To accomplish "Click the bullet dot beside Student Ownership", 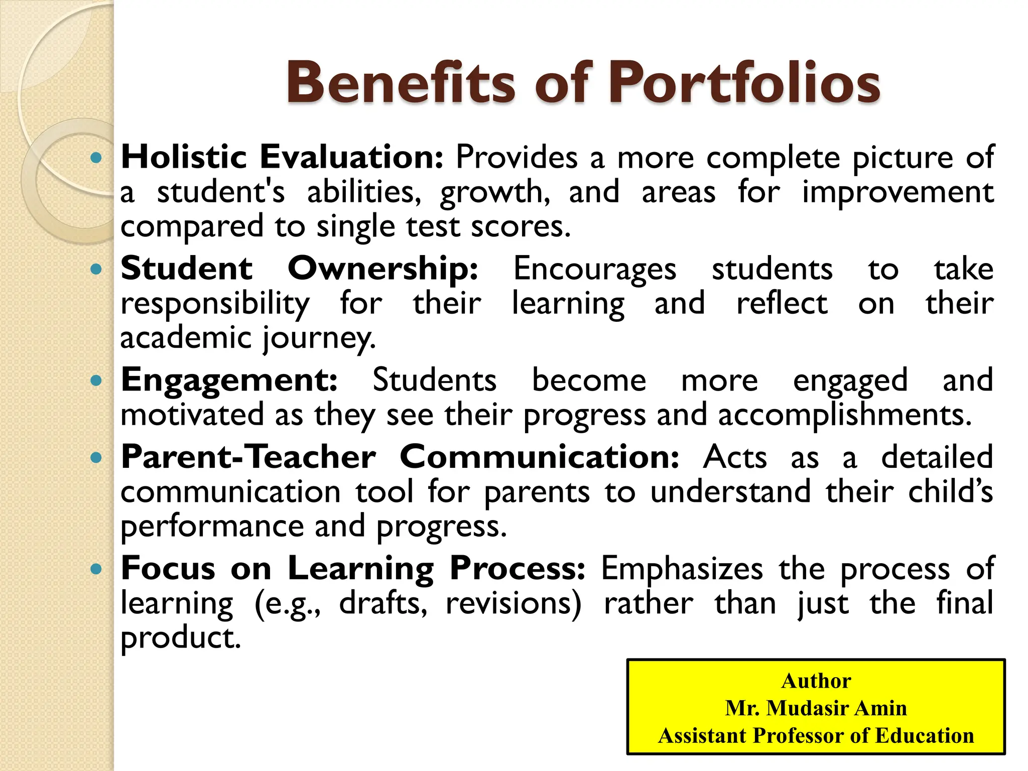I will point(95,270).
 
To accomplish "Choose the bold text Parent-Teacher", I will point(248,457).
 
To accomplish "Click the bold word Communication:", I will point(540,457).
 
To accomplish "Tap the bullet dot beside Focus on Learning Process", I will point(95,569).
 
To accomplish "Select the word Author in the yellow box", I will point(816,681).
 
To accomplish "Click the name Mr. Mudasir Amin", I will point(816,708).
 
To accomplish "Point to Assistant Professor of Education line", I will point(816,736).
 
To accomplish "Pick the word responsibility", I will point(215,304).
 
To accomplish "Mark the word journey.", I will point(319,338).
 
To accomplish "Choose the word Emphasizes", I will point(682,569).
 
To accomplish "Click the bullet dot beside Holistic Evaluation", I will point(95,158).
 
